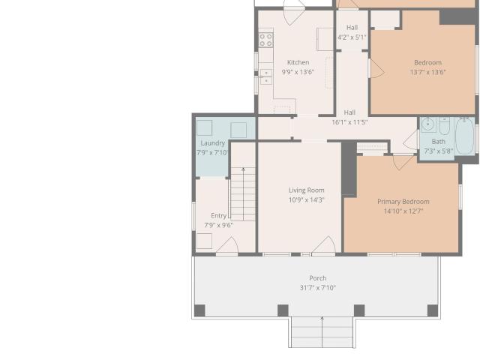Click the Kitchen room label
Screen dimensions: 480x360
tap(298, 62)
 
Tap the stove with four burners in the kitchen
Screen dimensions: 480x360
tap(266, 40)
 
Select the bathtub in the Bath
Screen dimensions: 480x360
tap(465, 136)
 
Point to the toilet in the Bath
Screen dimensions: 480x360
tap(445, 126)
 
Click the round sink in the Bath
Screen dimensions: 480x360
tap(427, 124)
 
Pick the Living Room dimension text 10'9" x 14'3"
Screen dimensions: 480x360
tap(307, 200)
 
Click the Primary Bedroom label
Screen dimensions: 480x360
tap(403, 202)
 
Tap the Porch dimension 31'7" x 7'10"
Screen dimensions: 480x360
tap(318, 288)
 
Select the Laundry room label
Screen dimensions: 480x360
tap(213, 143)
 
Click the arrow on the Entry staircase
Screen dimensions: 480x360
tap(243, 193)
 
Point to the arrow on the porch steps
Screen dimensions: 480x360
tap(322, 331)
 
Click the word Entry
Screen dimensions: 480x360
tap(218, 216)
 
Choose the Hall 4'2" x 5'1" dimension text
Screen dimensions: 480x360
tap(352, 37)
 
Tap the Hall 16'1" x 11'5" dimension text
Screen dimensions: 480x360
tap(349, 122)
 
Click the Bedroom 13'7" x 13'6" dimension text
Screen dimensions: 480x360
tap(428, 72)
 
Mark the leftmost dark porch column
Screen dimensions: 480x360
tap(199, 310)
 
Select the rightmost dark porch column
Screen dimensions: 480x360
tap(433, 310)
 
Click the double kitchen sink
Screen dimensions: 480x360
tap(266, 76)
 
